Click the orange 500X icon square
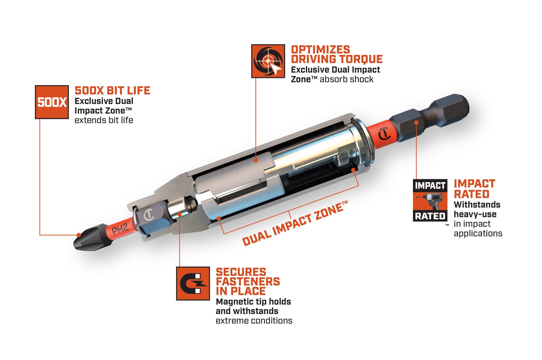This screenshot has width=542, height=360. [52, 102]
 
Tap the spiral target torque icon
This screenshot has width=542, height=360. [268, 61]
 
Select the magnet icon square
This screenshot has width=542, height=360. [193, 284]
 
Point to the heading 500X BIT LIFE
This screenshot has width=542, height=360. [112, 91]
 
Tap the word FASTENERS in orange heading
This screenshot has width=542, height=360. [248, 282]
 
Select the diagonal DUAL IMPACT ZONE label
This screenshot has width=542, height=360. [295, 223]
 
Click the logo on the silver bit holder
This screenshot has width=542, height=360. [148, 215]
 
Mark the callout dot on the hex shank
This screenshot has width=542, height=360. [416, 122]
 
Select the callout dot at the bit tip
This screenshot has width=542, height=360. [79, 235]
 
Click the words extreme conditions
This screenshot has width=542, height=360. [254, 321]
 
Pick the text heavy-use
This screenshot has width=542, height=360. [475, 214]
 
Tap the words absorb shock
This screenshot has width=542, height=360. [346, 79]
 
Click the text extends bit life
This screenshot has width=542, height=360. [104, 120]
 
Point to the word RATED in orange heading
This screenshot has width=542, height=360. [471, 194]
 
